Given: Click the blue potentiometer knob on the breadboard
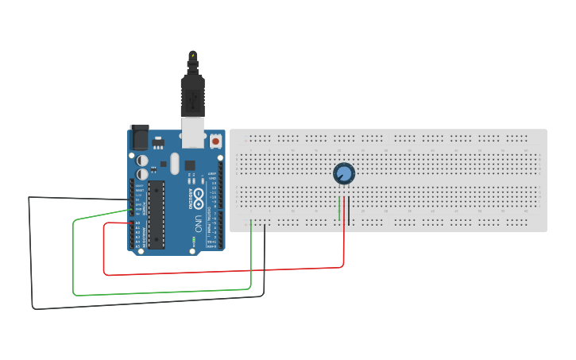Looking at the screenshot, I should coord(343,173).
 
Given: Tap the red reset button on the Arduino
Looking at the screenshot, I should coord(215,141).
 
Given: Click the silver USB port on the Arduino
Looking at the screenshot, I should coord(192,132).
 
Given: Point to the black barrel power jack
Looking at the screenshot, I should coord(139,137).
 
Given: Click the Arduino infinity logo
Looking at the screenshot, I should coord(197,195).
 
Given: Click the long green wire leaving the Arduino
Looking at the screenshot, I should coord(159,292).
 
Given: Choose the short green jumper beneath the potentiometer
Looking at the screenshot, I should coord(340,208).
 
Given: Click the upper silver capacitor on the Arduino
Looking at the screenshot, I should coord(143,158).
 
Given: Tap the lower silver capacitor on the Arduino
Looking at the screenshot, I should coord(143,173).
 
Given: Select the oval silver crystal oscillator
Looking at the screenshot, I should coord(174,165).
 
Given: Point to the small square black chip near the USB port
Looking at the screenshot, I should coord(190,165).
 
